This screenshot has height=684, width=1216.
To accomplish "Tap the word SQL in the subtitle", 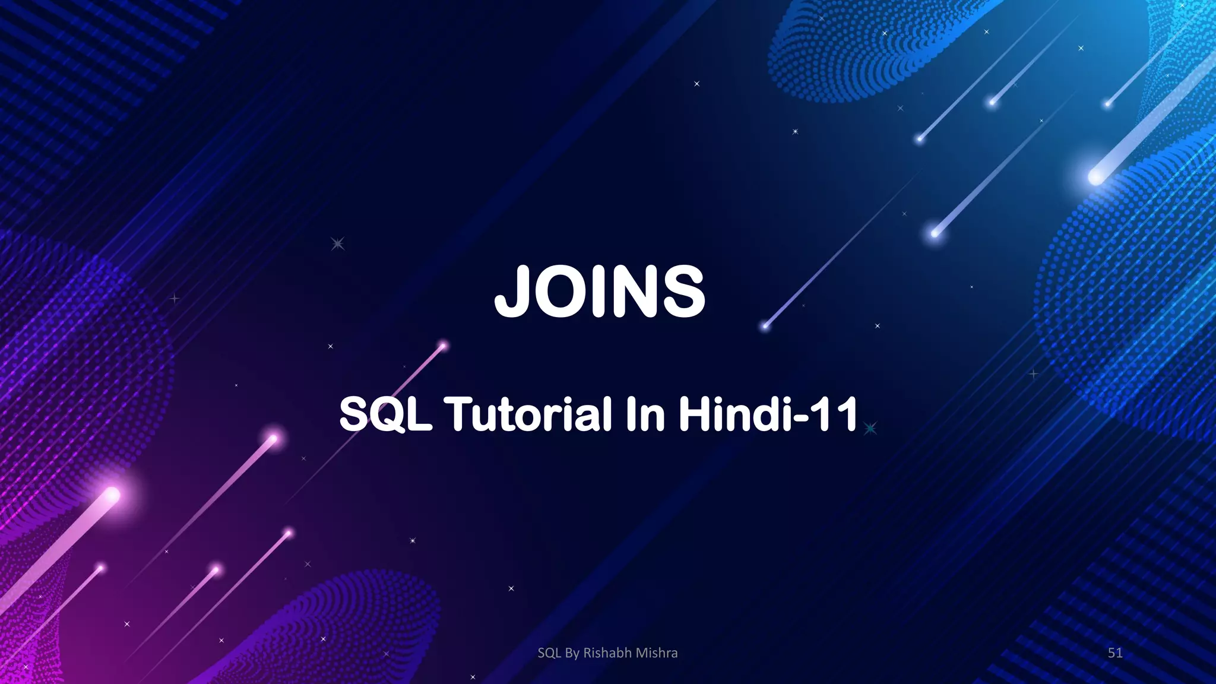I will [x=385, y=414].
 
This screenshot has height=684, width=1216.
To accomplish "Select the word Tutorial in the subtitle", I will [x=528, y=414].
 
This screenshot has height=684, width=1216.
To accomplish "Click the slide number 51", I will [x=1115, y=653].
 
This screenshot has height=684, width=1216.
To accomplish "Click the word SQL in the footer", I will [x=549, y=653].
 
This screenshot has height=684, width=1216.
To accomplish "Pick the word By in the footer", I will [x=572, y=653].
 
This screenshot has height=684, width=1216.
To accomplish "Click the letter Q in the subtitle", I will [x=385, y=414].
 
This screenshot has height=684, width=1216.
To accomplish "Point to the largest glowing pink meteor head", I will [x=112, y=494].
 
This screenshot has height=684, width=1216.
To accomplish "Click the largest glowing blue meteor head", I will [x=1095, y=176].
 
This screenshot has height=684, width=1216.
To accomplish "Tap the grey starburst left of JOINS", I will [x=337, y=243].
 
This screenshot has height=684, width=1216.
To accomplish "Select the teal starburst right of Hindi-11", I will [x=870, y=428].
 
